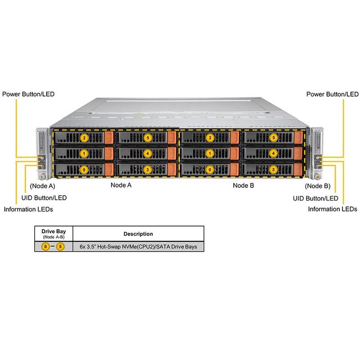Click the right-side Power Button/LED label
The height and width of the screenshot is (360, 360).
tap(332, 94)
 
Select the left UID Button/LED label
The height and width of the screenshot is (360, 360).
tap(45, 198)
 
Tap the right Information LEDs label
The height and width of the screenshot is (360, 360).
tap(332, 209)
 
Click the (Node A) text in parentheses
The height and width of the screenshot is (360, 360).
tap(42, 185)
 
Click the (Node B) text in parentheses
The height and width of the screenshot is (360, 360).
tap(318, 185)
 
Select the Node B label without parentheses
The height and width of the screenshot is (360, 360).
tap(243, 185)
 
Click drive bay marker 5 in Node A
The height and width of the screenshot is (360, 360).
tap(147, 137)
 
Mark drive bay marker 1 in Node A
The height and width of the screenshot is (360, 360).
tap(83, 153)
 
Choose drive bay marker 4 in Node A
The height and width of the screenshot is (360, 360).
tap(147, 153)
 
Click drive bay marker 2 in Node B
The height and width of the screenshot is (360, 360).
tap(209, 137)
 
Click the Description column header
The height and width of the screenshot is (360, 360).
tap(138, 234)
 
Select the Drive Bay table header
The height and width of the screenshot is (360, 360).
tap(54, 231)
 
